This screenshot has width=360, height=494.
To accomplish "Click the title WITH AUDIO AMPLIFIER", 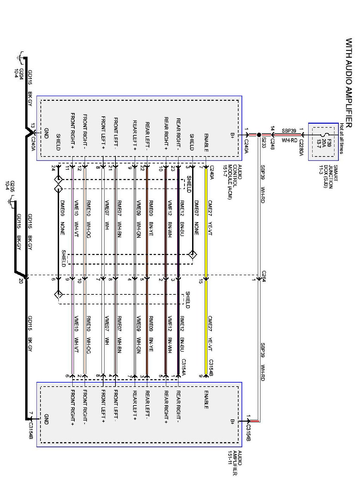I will click(348, 83).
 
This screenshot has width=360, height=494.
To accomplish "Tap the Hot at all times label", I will click(341, 138).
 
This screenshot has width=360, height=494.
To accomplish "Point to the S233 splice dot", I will click(259, 135).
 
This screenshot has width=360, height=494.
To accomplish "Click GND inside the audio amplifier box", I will click(46, 419).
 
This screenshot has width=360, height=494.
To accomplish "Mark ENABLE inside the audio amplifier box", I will click(206, 400).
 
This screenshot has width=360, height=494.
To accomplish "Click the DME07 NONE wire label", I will click(196, 217).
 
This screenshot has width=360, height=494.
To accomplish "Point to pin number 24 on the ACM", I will click(53, 168).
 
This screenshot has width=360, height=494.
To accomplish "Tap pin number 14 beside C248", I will click(272, 128).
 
